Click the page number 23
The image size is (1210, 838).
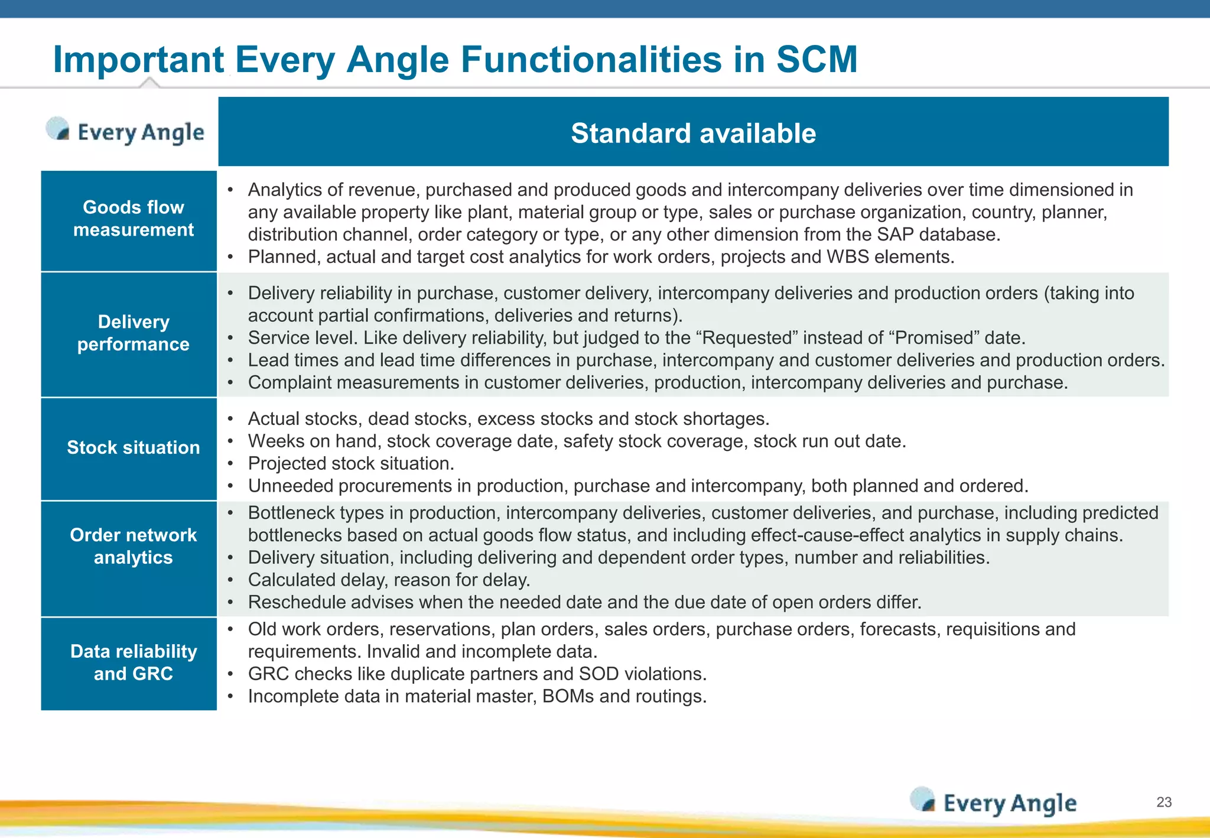pos(1163,802)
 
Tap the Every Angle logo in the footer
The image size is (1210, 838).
pos(994,803)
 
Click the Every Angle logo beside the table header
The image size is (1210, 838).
pos(126,131)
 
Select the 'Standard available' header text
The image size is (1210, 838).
pos(693,133)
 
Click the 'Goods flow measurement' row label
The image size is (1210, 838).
pos(133,219)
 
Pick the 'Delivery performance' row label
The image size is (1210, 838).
pos(133,333)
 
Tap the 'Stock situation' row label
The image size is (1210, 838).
pos(133,447)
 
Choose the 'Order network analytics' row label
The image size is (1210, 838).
pos(133,546)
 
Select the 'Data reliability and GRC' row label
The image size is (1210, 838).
pos(133,662)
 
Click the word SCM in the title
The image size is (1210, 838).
pos(817,59)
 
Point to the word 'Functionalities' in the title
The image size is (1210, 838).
pos(591,59)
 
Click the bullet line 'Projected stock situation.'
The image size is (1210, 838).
pos(351,464)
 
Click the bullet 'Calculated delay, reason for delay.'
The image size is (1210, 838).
pos(389,580)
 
